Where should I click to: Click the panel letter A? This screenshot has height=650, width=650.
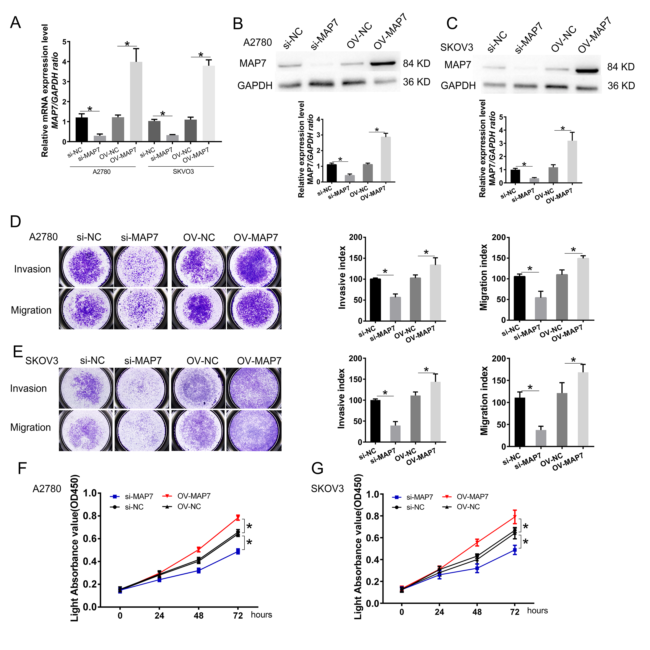coord(15,23)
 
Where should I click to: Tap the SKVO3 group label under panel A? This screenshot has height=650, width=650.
coord(183,172)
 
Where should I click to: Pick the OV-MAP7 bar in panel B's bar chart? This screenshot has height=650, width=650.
coord(386,159)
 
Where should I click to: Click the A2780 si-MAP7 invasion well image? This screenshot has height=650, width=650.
coord(141,266)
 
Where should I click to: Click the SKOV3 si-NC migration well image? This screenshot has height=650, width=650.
coord(86,430)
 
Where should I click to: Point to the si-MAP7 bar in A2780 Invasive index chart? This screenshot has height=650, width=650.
coord(395,309)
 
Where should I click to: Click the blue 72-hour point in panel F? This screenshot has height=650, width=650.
coord(238,551)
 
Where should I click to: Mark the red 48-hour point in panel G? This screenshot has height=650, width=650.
coord(477,542)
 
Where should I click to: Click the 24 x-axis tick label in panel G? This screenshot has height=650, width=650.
coord(439,612)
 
